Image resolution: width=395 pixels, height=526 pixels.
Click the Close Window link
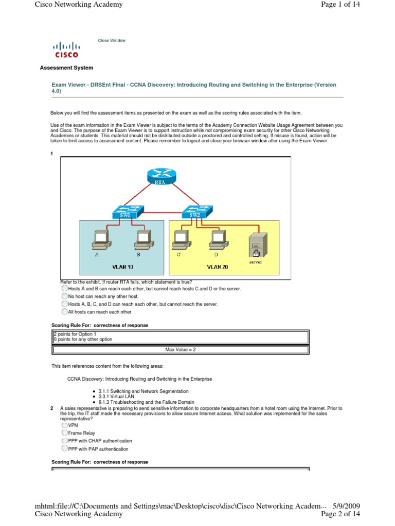tap(112, 41)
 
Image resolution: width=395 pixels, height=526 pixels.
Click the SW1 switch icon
tap(124, 212)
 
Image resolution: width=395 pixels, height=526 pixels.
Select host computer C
tap(179, 238)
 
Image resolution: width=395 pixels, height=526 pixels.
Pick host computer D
tap(217, 238)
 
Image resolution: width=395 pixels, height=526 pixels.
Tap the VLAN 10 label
tap(122, 267)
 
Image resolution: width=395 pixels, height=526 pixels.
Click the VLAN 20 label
tap(217, 267)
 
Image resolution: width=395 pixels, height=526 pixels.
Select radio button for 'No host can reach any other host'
tap(64, 296)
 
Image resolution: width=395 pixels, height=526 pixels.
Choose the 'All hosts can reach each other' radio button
tap(64, 311)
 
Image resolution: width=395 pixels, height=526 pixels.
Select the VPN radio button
tap(64, 425)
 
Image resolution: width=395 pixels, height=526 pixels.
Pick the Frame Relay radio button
tap(64, 433)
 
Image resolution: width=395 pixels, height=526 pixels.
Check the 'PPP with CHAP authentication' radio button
tap(64, 441)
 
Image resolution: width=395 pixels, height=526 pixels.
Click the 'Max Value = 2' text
tap(181, 349)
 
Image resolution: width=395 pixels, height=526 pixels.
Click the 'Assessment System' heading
tap(66, 68)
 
